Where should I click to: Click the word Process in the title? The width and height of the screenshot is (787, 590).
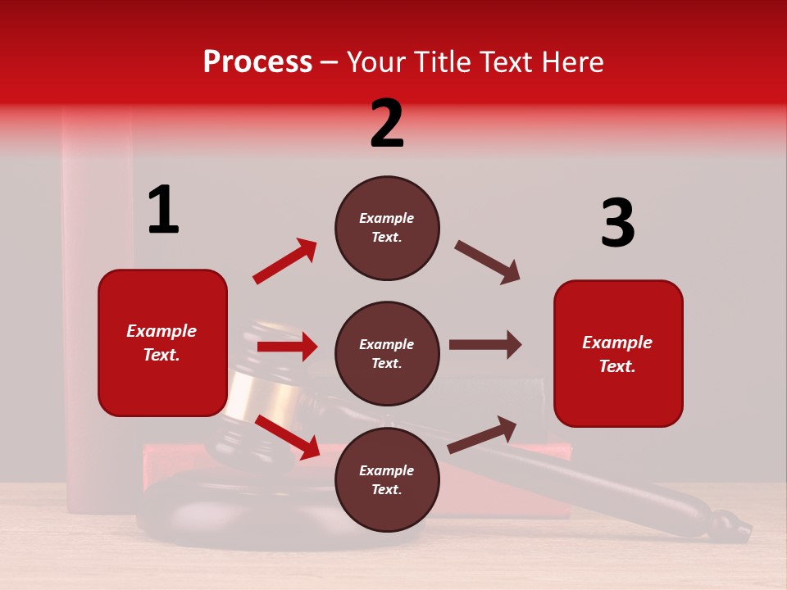coord(257,62)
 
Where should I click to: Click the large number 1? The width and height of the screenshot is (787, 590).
coord(163,210)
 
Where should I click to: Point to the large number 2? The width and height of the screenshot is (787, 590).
coord(387,124)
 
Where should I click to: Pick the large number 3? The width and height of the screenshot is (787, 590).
coord(617,223)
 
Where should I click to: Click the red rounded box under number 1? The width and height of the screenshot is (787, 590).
coord(162,343)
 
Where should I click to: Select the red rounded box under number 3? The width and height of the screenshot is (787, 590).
coord(618,353)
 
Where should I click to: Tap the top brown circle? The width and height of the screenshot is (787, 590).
coord(387,228)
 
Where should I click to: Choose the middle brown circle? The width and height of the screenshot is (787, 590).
coord(387,353)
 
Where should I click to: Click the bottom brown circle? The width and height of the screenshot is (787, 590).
coord(387,479)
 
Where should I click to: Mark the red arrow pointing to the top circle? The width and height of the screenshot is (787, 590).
coord(285,261)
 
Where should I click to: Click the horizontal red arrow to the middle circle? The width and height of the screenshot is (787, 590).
coord(287,347)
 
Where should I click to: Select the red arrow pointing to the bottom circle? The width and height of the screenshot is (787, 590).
coord(288,436)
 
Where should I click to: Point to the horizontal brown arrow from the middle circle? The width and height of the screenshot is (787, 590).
coord(485,344)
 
